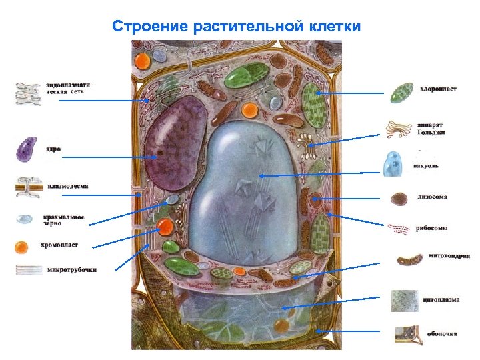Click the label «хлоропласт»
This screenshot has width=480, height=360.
point(438,89)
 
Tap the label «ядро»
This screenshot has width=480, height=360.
point(53,149)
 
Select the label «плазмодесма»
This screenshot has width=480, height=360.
point(69,186)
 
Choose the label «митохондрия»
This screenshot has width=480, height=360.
point(449,255)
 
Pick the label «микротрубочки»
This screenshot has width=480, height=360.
point(72,270)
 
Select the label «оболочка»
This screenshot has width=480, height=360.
point(441,332)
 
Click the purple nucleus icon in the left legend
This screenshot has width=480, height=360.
point(27,149)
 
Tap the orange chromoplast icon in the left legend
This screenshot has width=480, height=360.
point(22,247)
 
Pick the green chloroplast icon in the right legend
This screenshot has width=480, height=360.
point(402,92)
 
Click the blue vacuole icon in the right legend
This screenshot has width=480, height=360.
point(393,163)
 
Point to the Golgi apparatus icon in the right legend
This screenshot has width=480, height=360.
point(399,129)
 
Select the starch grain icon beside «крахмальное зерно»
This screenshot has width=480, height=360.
point(25,219)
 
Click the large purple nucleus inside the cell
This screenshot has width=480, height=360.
point(175,143)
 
